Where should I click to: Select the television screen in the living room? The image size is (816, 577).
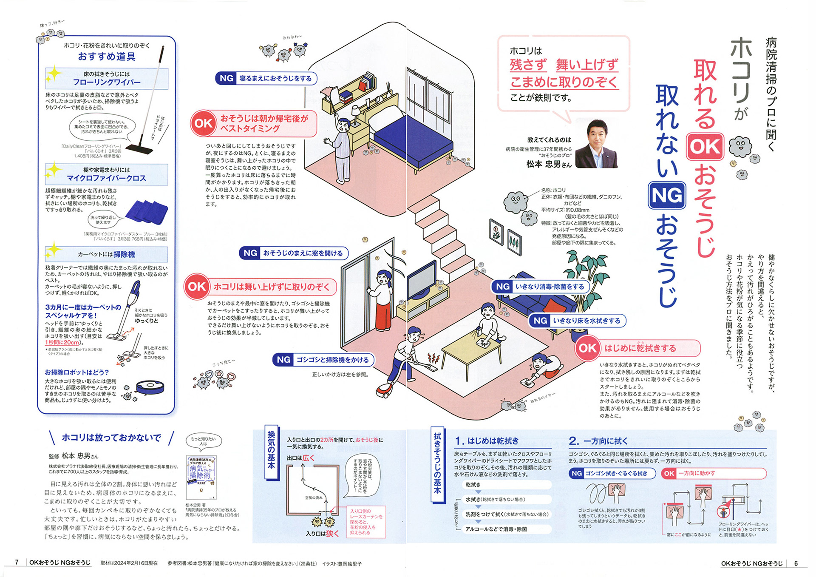tap(421, 279)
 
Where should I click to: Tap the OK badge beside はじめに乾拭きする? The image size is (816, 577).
tap(587, 348)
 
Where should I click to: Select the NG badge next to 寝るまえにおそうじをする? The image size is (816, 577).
tap(226, 78)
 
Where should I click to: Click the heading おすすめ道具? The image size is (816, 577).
tap(106, 57)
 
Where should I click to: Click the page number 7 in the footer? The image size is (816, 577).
tap(17, 562)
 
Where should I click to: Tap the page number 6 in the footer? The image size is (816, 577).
tap(796, 563)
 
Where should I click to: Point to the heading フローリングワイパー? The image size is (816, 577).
tap(106, 82)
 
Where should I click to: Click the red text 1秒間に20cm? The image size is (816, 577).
tap(62, 342)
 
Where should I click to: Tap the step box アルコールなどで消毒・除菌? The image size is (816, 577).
tap(496, 529)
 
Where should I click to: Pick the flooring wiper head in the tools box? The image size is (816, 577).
tap(139, 149)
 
